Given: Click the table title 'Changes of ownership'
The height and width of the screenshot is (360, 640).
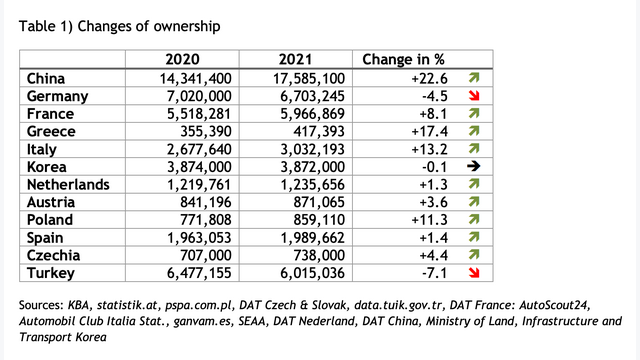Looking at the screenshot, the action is pyautogui.click(x=149, y=27).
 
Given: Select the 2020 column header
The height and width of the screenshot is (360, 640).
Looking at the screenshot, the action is pyautogui.click(x=182, y=60).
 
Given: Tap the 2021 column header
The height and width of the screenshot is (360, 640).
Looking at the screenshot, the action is pyautogui.click(x=295, y=60).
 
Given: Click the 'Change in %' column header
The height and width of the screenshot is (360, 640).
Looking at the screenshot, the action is pyautogui.click(x=403, y=60).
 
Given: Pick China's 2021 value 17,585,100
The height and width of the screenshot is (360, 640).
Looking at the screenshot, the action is pyautogui.click(x=309, y=78).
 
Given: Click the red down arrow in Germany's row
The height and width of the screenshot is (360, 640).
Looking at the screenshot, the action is pyautogui.click(x=474, y=96).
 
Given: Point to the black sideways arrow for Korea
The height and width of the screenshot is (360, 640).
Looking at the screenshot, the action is pyautogui.click(x=473, y=166).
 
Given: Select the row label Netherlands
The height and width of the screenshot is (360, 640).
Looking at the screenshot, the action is pyautogui.click(x=68, y=184).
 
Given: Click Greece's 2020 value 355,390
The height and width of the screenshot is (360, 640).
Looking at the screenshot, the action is pyautogui.click(x=206, y=131).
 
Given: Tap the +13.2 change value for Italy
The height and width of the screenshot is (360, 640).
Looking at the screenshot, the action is pyautogui.click(x=429, y=149).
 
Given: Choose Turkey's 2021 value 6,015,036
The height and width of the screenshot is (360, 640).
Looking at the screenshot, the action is pyautogui.click(x=313, y=273).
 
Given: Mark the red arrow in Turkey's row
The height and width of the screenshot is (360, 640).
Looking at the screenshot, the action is pyautogui.click(x=474, y=273).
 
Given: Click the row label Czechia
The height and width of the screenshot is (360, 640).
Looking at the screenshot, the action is pyautogui.click(x=53, y=255).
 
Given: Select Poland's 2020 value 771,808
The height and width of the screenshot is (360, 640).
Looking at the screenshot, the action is pyautogui.click(x=206, y=220).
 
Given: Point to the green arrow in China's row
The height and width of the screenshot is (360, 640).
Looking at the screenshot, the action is pyautogui.click(x=474, y=78).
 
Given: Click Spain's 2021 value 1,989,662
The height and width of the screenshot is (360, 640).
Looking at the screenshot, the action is pyautogui.click(x=313, y=238).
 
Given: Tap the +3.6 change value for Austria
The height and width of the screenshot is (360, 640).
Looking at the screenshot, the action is pyautogui.click(x=433, y=202).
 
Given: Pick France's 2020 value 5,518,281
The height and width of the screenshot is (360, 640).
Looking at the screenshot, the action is pyautogui.click(x=199, y=113).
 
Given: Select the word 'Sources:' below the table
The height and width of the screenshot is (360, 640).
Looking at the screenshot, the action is pyautogui.click(x=41, y=305).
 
